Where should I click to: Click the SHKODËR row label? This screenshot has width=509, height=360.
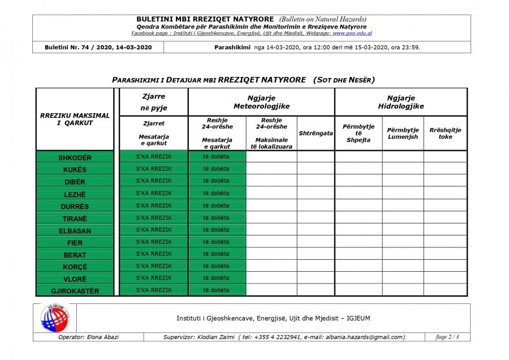75,157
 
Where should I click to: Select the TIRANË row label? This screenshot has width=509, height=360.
75,218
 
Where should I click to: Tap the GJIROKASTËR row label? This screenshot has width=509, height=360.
75,291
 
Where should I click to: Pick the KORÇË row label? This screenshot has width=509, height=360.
75,267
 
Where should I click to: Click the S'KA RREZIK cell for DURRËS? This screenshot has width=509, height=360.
154,205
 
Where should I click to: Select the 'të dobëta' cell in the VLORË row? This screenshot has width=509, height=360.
217,278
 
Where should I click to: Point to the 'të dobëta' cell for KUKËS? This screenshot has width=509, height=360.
217,169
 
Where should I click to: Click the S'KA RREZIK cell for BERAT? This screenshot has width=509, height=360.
154,254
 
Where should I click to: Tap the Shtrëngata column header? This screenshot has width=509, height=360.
316,133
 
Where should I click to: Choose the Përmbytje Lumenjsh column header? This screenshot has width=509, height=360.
403,133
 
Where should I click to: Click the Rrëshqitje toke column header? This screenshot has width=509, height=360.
445,133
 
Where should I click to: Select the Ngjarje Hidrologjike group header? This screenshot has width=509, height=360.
401,102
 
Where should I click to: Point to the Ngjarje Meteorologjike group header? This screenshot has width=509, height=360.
261,102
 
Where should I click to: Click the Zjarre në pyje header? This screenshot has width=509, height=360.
154,102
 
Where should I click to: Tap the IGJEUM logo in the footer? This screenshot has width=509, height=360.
54,318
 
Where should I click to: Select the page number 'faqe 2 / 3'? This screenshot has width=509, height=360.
447,337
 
